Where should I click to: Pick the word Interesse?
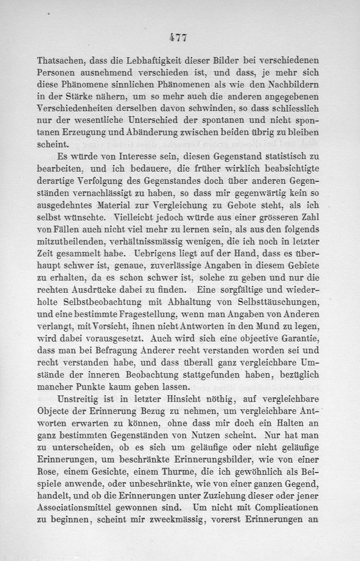(x=137, y=157)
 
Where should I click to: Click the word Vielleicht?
(x=138, y=216)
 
